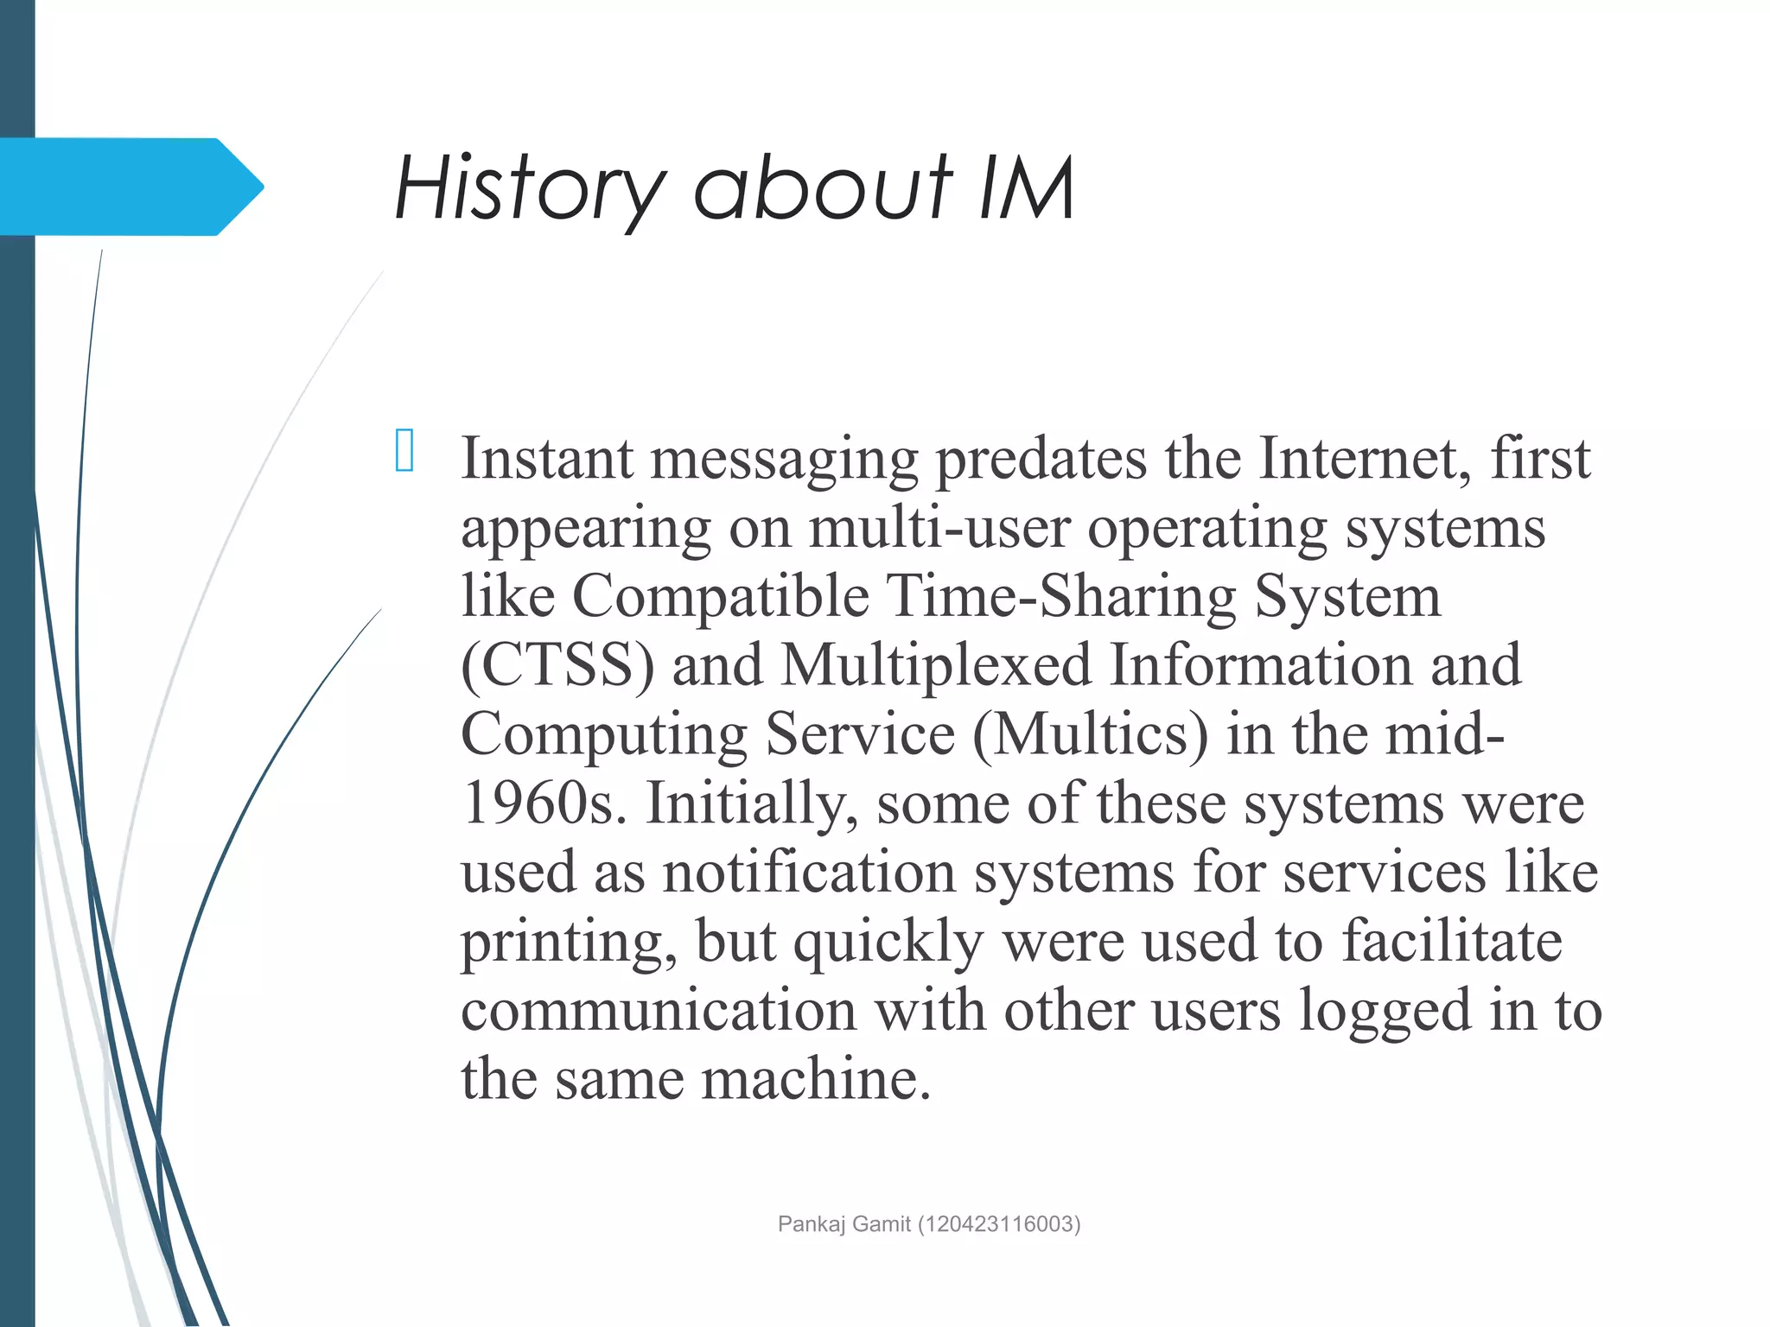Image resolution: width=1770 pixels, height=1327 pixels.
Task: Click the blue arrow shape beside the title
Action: [x=130, y=187]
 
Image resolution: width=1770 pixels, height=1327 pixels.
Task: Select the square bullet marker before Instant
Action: [x=404, y=450]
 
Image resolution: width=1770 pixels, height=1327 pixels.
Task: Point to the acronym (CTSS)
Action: [x=557, y=665]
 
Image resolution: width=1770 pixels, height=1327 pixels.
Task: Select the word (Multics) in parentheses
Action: [x=1091, y=734]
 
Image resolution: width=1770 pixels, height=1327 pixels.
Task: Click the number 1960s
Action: [x=544, y=803]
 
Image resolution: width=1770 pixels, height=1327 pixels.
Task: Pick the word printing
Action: [x=569, y=942]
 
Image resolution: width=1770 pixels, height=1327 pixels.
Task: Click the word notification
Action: [x=809, y=873]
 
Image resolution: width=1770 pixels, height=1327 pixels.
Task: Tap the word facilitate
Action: [x=1452, y=942]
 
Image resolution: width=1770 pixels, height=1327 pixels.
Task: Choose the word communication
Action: [x=659, y=1011]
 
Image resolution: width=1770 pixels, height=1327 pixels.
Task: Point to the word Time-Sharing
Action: [x=1061, y=596]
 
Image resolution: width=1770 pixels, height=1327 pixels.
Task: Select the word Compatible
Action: [x=721, y=596]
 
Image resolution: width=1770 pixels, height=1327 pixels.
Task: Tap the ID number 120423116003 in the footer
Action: [x=999, y=1224]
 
